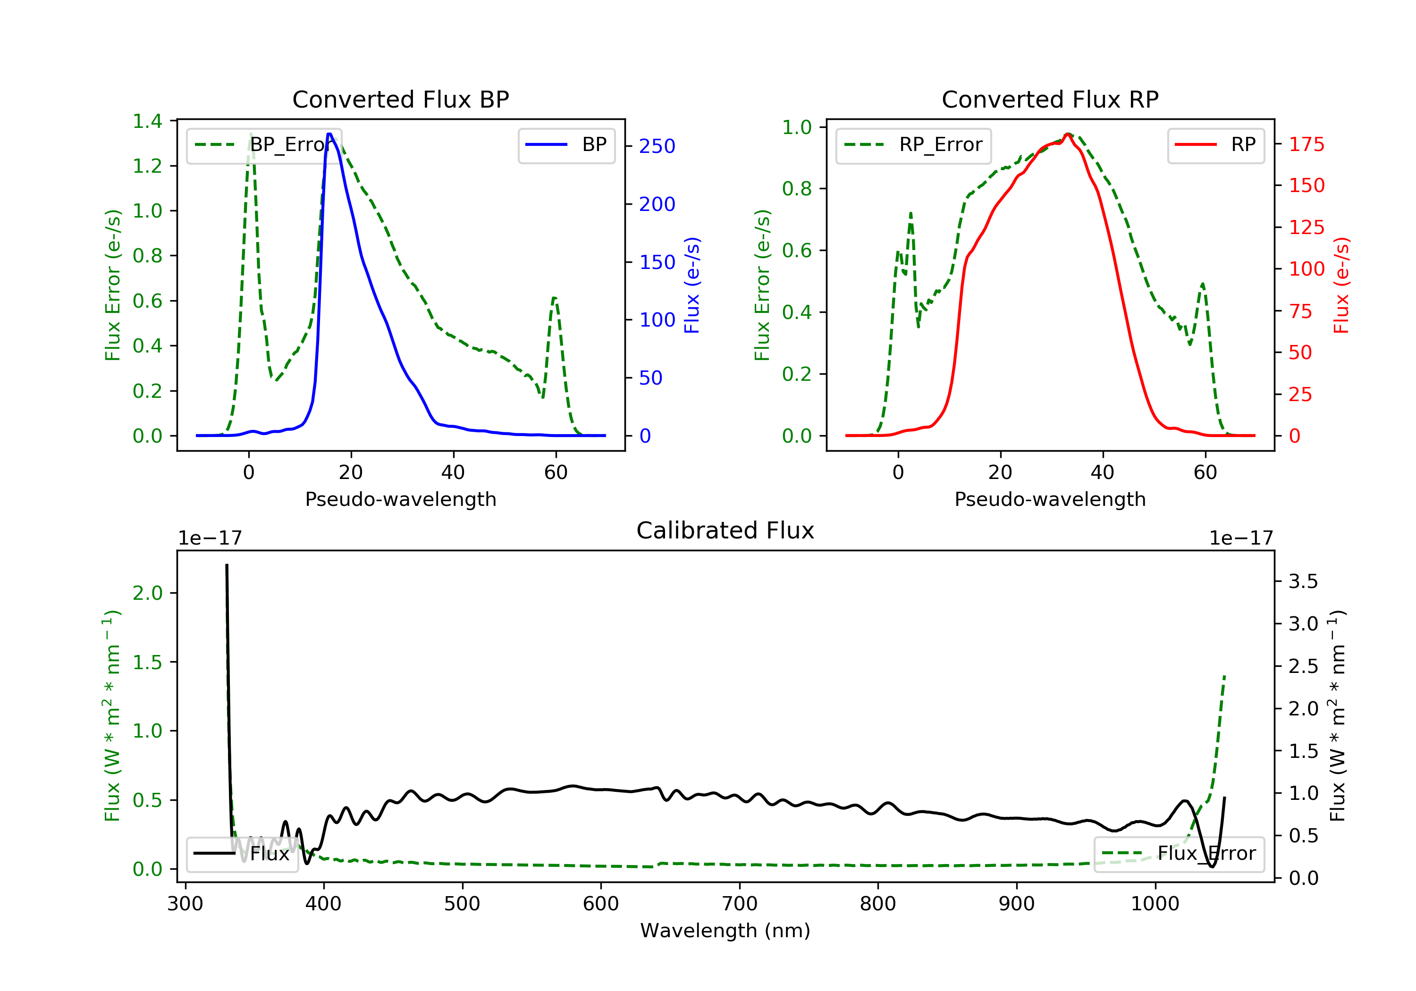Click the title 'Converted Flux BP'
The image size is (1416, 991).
click(400, 99)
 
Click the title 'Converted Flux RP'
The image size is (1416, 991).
click(1050, 99)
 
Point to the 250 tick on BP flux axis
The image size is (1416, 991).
click(657, 146)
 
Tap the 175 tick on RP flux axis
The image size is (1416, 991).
click(1306, 144)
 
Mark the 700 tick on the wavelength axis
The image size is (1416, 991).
click(740, 904)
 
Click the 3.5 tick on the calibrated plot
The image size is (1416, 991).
click(1303, 581)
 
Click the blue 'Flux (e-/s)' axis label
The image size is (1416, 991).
click(692, 286)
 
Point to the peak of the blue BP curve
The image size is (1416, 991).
click(329, 134)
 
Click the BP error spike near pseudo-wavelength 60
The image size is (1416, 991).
click(555, 298)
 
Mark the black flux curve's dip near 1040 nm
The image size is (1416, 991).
click(1212, 866)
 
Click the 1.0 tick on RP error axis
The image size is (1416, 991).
click(796, 128)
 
